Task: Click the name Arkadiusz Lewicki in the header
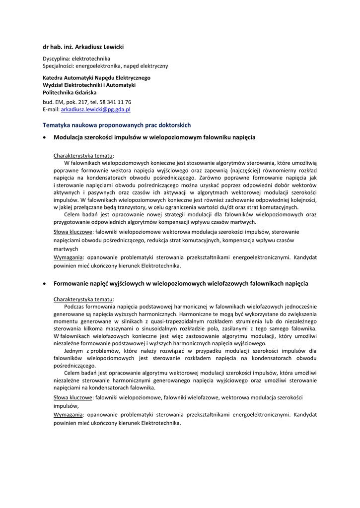pyautogui.click(x=98, y=47)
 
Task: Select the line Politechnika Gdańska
pyautogui.click(x=70, y=92)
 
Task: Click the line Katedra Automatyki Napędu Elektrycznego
pyautogui.click(x=96, y=78)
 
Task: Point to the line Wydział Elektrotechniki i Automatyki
pyautogui.click(x=89, y=85)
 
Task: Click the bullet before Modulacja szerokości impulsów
pyautogui.click(x=45, y=137)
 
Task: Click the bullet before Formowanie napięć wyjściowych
pyautogui.click(x=45, y=284)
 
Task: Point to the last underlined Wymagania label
pyautogui.click(x=68, y=414)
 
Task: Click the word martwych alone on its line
pyautogui.click(x=66, y=249)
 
